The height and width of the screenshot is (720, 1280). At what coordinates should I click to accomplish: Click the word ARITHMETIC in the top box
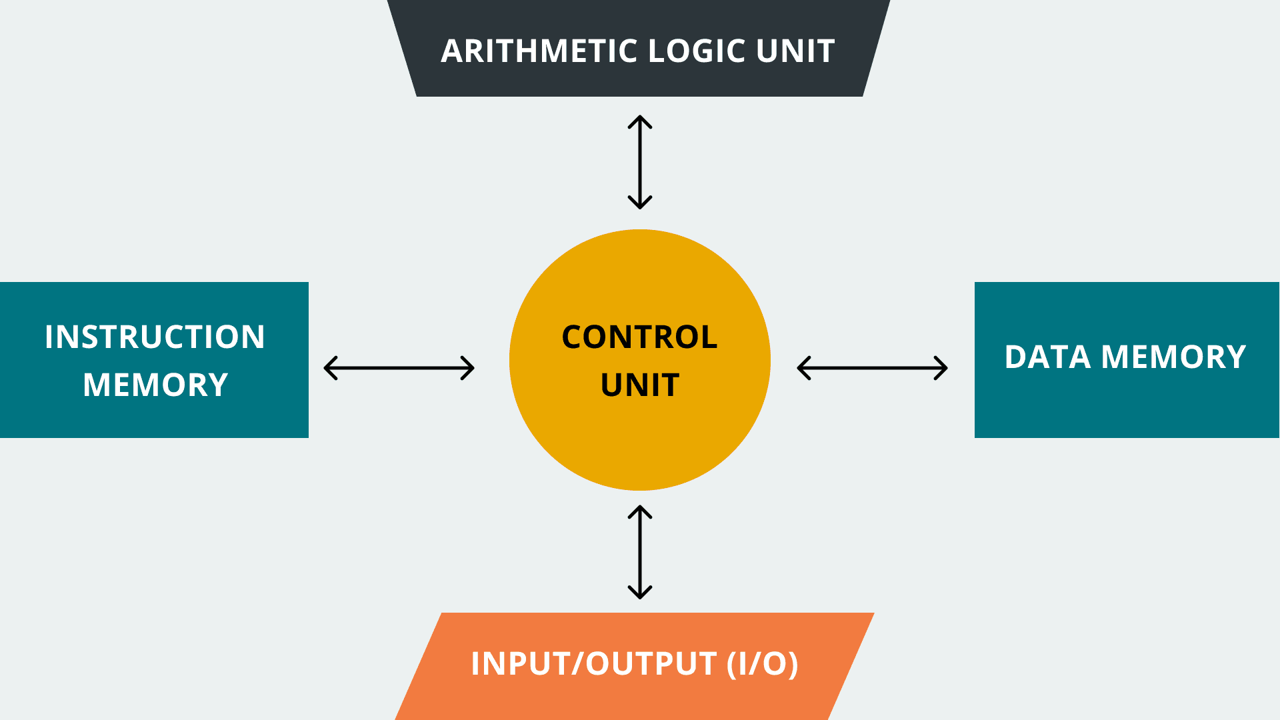(x=539, y=51)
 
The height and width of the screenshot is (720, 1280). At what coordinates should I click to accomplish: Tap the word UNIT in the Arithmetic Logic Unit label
(x=795, y=51)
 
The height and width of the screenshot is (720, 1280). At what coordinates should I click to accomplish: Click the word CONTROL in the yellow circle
(x=639, y=337)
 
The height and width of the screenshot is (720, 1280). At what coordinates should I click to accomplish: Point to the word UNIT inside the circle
(x=640, y=385)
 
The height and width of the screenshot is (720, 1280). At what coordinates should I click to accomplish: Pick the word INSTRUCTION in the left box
(x=155, y=337)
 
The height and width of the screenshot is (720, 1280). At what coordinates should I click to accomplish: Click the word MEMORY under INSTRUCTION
(x=155, y=385)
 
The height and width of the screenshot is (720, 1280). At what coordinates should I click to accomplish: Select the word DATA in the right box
(x=1047, y=357)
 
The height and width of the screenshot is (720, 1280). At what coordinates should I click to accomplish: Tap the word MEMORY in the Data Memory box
(x=1173, y=357)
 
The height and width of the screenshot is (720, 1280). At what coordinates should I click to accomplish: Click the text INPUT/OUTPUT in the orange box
(x=593, y=664)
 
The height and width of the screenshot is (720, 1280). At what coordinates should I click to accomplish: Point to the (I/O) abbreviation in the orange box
(x=763, y=664)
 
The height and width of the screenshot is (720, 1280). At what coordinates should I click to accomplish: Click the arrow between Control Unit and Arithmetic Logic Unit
(x=640, y=163)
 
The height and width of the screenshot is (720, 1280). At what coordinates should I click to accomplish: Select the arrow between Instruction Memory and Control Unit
(x=399, y=368)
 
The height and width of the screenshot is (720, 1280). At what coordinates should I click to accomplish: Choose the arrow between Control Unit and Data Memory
(x=873, y=368)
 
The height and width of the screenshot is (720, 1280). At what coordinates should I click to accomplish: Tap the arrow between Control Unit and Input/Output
(x=640, y=552)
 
